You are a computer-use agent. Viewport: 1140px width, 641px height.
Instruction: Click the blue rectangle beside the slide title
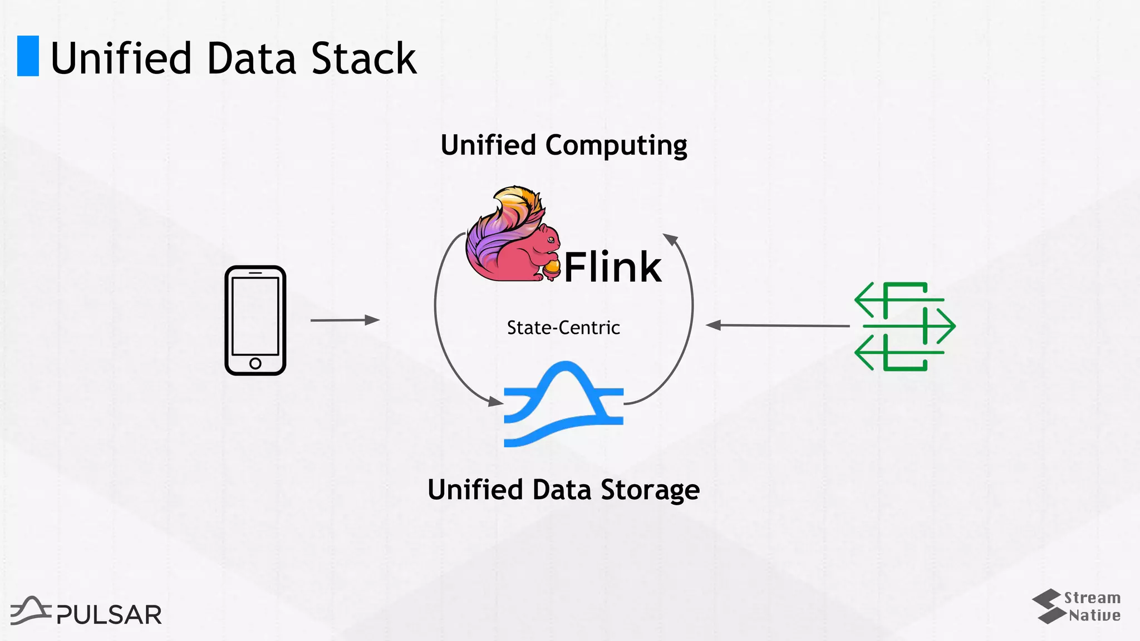tap(28, 56)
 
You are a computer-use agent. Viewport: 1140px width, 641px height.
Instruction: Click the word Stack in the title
tap(363, 58)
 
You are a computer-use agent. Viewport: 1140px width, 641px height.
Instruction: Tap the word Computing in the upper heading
tap(616, 146)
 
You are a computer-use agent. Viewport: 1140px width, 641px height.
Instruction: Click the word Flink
tap(612, 268)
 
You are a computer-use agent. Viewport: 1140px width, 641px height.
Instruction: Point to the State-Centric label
tap(563, 328)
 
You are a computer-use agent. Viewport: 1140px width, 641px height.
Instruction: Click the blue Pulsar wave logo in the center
tap(563, 404)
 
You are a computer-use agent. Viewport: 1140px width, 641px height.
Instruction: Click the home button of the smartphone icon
tap(255, 363)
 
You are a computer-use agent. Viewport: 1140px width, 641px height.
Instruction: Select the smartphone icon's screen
tap(255, 315)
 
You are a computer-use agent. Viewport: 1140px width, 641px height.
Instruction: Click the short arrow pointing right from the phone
tap(345, 320)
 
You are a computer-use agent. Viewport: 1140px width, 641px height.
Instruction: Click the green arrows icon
tap(904, 326)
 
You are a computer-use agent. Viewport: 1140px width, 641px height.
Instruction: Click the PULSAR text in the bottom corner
tap(109, 615)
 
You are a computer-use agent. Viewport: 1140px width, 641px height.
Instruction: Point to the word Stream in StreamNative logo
tap(1092, 598)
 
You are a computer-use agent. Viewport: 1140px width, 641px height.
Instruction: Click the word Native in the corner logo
tap(1094, 615)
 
